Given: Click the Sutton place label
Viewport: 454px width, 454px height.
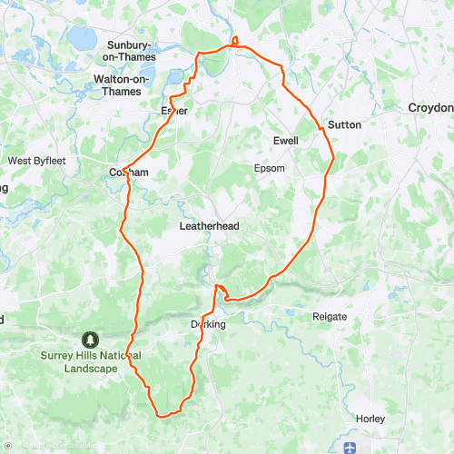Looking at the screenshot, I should [344, 124].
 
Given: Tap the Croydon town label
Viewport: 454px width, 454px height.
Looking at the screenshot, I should [429, 106].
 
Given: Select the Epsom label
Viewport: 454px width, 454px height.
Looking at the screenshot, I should [269, 168].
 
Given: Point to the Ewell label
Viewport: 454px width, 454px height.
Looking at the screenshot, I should [286, 141].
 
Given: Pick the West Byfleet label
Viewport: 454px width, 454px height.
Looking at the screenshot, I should [33, 161].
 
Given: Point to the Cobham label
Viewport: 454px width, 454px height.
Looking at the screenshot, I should [128, 172].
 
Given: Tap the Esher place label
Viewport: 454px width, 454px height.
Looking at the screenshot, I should [173, 111].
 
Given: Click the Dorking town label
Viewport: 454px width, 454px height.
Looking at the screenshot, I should [207, 324].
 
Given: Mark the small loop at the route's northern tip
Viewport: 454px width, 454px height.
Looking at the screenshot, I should [234, 40].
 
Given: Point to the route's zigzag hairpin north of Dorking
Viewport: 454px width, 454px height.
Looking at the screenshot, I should [219, 291].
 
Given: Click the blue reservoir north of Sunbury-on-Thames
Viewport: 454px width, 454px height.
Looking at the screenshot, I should [82, 37].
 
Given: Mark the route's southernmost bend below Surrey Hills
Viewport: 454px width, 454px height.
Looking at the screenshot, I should [162, 415].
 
